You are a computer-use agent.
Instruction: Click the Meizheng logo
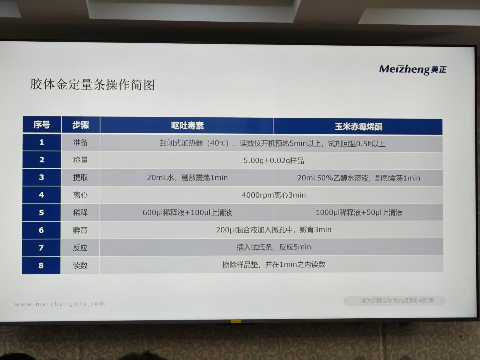click(412, 69)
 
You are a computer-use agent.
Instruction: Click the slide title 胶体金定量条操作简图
click(93, 84)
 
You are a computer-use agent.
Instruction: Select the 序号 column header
click(42, 124)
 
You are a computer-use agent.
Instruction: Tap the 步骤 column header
click(80, 125)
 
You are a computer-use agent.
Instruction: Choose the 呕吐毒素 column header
click(187, 125)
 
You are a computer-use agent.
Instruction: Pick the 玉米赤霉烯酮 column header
click(358, 126)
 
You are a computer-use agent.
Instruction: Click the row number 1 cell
click(42, 142)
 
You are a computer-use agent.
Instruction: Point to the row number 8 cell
click(41, 265)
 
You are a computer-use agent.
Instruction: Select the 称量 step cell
click(80, 160)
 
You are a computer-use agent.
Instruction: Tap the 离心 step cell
click(80, 195)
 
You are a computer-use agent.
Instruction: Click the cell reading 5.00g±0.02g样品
click(274, 161)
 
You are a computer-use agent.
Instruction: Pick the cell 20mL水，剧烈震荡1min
click(187, 178)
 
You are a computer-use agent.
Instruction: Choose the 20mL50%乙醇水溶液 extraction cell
click(358, 178)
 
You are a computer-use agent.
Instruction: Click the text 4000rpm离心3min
click(274, 195)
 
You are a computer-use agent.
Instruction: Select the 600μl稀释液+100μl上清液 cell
click(187, 212)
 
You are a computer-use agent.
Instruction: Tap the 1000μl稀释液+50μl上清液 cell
click(359, 212)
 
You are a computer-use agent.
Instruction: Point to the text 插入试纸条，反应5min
click(274, 247)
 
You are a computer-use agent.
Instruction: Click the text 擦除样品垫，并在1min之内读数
click(274, 265)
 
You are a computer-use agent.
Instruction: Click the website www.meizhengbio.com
click(60, 304)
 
